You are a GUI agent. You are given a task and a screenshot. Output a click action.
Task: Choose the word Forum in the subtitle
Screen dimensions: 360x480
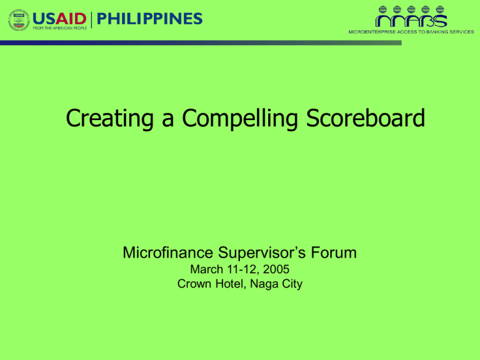pyautogui.click(x=336, y=254)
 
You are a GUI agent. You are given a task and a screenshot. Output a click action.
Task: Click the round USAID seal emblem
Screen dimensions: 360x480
pyautogui.click(x=19, y=20)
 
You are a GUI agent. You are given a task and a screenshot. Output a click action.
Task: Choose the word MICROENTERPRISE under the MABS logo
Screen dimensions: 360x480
pyautogui.click(x=368, y=32)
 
